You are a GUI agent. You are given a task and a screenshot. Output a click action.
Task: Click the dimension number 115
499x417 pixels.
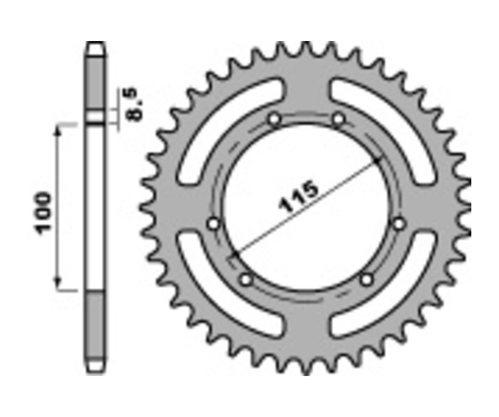pyautogui.click(x=300, y=197)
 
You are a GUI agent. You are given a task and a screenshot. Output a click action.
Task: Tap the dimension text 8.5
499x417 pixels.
pyautogui.click(x=135, y=103)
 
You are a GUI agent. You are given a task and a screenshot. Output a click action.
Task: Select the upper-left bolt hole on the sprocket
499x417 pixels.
pyautogui.click(x=273, y=119)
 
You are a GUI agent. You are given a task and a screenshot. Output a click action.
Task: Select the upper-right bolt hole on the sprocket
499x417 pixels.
pyautogui.click(x=338, y=119)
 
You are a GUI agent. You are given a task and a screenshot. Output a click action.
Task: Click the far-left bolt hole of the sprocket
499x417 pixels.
pyautogui.click(x=213, y=223)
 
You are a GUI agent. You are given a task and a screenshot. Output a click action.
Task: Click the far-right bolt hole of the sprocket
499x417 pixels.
pyautogui.click(x=398, y=223)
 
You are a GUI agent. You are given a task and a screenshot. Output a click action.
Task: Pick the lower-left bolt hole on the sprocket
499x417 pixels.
pyautogui.click(x=246, y=280)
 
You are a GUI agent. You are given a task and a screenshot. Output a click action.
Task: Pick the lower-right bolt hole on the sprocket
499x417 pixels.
pyautogui.click(x=366, y=280)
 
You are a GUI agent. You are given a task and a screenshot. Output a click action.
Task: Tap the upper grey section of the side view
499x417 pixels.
pyautogui.click(x=95, y=83)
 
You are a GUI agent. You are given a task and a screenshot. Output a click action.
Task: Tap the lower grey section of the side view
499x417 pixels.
pyautogui.click(x=95, y=324)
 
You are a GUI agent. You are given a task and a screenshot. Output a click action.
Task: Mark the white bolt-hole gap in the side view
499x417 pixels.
pyautogui.click(x=95, y=118)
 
